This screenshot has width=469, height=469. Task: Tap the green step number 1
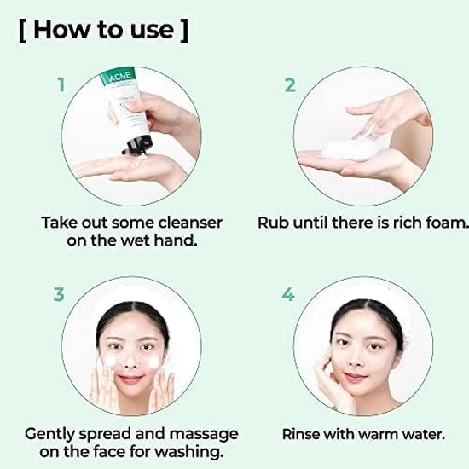click(x=61, y=84)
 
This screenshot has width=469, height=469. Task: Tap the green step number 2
click(x=290, y=84)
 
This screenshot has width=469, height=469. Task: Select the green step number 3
click(x=59, y=294)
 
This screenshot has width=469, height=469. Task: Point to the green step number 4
click(x=288, y=294)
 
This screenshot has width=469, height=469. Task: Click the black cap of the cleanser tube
click(x=134, y=144)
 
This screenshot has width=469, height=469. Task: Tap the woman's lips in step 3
click(x=130, y=378)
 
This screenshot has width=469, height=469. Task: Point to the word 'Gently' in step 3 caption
click(x=54, y=433)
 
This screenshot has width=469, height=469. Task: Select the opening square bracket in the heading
click(x=21, y=30)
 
